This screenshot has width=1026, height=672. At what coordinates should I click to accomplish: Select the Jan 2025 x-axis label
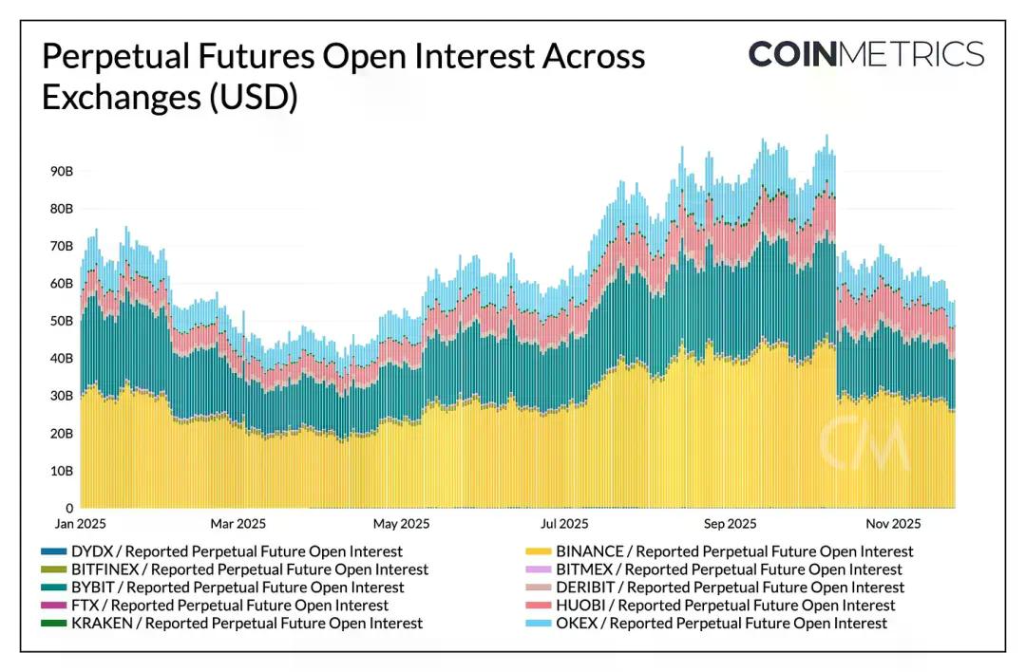(79, 524)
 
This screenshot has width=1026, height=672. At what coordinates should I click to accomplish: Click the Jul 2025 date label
(564, 524)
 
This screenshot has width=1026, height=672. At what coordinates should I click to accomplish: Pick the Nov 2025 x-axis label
(893, 524)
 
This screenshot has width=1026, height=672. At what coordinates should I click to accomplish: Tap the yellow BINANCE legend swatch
(539, 551)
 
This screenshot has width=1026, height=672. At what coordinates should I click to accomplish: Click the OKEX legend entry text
(721, 624)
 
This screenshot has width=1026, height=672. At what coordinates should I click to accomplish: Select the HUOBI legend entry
(725, 606)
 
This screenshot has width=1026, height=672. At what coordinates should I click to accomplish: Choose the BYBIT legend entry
(237, 588)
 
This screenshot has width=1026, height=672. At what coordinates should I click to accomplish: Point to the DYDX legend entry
(237, 551)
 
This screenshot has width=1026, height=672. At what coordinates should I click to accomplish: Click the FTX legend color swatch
(54, 606)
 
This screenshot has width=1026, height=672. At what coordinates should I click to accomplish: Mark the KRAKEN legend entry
(247, 624)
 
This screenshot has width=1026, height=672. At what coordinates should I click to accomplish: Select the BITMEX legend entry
(729, 569)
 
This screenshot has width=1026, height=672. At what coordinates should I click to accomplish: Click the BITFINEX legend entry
(250, 569)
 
